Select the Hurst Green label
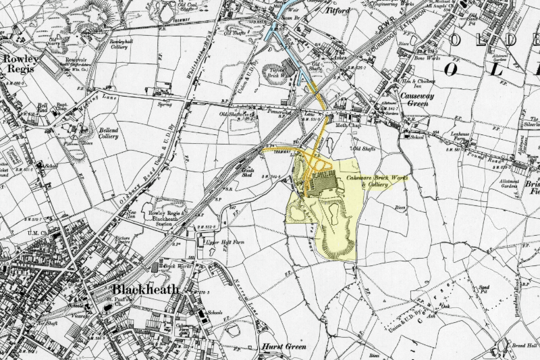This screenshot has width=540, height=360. pyautogui.click(x=283, y=346)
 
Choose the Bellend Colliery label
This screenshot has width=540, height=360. pyautogui.click(x=99, y=131)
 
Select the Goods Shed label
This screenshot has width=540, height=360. pyautogui.click(x=250, y=172)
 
